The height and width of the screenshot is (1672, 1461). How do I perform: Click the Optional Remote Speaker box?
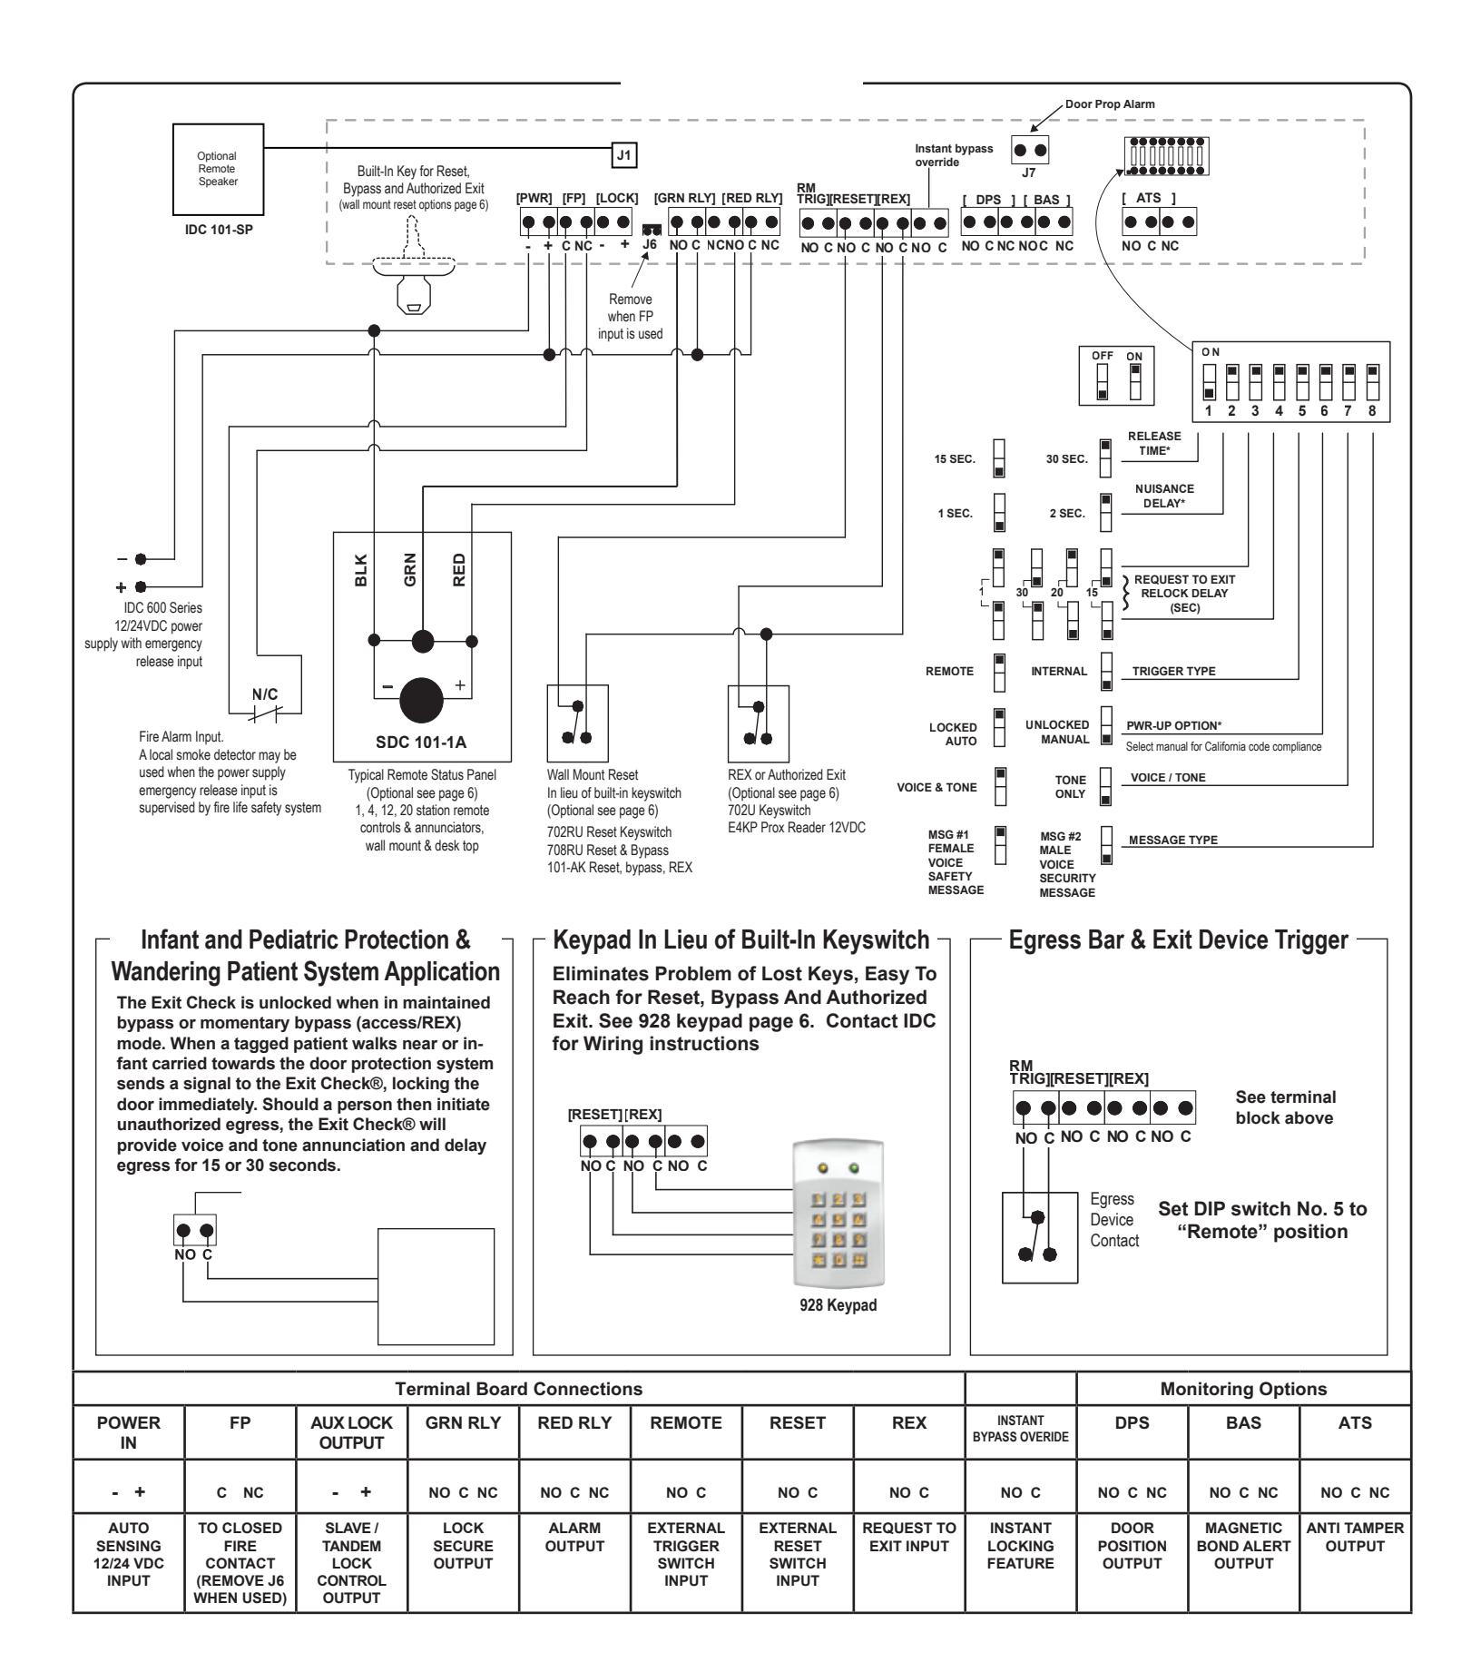(x=218, y=169)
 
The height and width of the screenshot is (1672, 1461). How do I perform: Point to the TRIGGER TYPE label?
(x=1173, y=672)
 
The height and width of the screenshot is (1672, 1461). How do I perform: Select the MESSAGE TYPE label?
(x=1173, y=840)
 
